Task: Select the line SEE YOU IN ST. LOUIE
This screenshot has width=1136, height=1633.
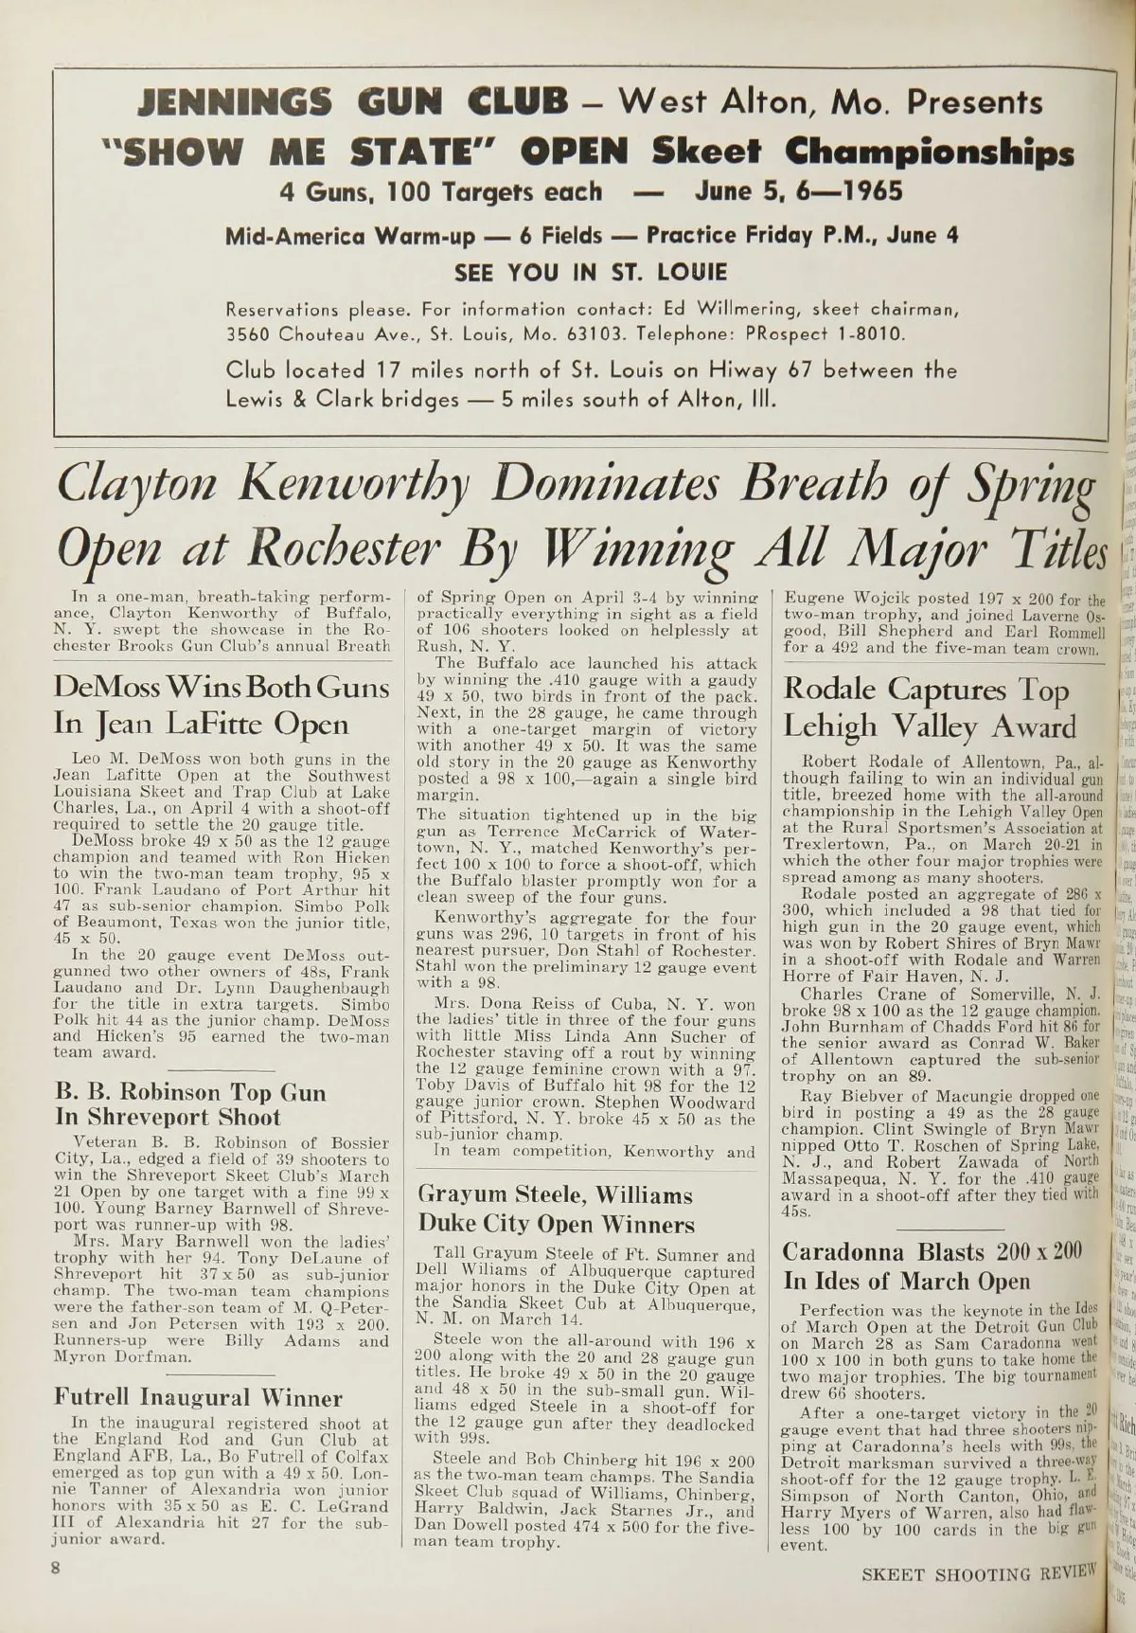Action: click(x=591, y=273)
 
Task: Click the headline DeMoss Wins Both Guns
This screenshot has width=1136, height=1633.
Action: click(x=222, y=687)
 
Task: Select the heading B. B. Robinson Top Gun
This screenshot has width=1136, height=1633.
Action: click(x=190, y=1092)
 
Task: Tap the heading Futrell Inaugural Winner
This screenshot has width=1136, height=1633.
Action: click(x=198, y=1371)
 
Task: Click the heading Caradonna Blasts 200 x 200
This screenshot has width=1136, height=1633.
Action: click(x=932, y=1251)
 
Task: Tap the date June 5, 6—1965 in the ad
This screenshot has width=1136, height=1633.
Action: click(x=798, y=192)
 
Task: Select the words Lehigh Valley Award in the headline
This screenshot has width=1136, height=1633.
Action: click(x=930, y=727)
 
